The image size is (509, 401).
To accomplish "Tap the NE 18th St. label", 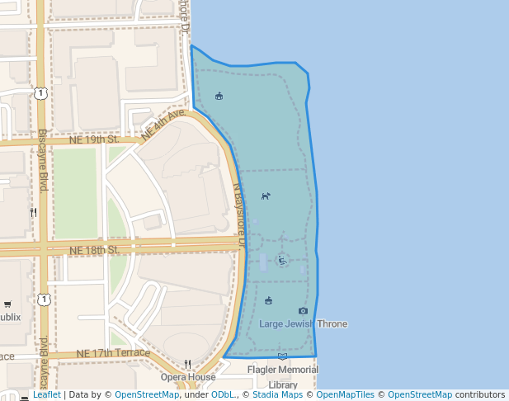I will click(95, 249).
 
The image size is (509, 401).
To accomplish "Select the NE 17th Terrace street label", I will click(113, 353).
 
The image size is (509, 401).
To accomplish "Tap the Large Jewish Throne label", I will click(303, 323).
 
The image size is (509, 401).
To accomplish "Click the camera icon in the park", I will click(303, 311).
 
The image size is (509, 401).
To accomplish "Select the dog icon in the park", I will click(266, 196).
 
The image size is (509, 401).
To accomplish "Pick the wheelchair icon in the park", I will click(282, 260).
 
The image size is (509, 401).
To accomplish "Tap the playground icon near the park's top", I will click(219, 96).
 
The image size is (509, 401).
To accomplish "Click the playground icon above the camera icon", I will click(269, 300).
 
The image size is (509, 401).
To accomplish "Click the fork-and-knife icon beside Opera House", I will click(188, 364).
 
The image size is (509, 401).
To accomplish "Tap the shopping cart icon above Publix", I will click(7, 304).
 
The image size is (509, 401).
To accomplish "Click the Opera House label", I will click(188, 377).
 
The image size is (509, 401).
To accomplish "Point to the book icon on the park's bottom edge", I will click(282, 356).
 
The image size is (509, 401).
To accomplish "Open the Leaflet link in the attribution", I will click(46, 394).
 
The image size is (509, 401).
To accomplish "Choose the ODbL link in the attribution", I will click(222, 394).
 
